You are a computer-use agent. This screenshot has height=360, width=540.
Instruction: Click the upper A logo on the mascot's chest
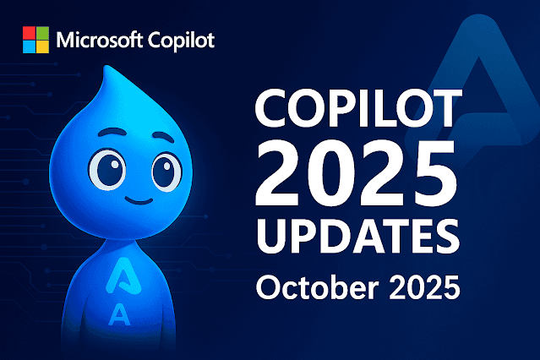click(x=119, y=275)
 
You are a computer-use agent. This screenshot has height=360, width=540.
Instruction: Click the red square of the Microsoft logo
click(x=30, y=33)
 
